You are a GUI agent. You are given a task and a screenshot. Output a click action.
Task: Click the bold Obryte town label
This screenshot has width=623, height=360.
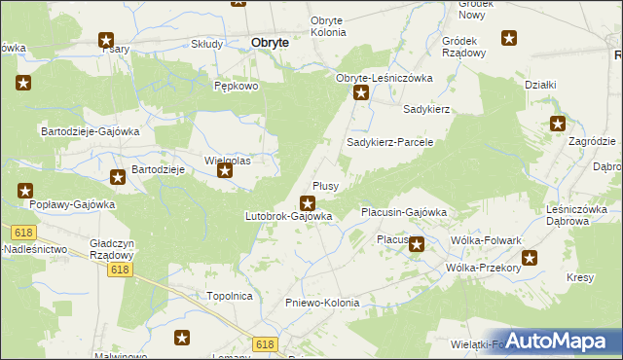pos(269,43)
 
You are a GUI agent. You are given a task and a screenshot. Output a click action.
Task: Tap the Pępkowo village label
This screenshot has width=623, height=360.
pos(235,86)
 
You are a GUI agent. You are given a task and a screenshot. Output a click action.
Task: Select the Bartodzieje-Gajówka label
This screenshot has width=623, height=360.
pos(90,130)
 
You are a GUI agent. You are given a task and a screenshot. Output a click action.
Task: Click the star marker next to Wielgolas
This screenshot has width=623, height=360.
pos(226,173)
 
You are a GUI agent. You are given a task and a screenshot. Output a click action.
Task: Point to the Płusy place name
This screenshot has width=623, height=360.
pos(325,185)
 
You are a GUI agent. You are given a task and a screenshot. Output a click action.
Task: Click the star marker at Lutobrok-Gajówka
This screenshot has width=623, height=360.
pos(308,203)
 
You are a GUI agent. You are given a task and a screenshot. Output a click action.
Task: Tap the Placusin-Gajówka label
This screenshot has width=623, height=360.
pos(403,211)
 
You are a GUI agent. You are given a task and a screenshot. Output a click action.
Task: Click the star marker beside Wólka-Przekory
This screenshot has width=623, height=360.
pos(530,259)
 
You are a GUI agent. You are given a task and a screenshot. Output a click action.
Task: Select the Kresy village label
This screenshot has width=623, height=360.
pos(580,278)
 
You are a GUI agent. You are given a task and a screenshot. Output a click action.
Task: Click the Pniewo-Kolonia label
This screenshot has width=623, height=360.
pos(322,303)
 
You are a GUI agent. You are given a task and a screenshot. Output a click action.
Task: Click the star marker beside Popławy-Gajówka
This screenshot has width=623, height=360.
pos(25,192)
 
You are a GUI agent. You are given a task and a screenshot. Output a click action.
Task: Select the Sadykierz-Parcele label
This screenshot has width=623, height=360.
pos(389,142)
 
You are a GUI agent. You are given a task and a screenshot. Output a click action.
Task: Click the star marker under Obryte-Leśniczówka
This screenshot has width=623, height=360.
pos(361,94)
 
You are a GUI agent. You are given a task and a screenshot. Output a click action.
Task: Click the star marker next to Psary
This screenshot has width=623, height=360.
pos(106,41)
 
